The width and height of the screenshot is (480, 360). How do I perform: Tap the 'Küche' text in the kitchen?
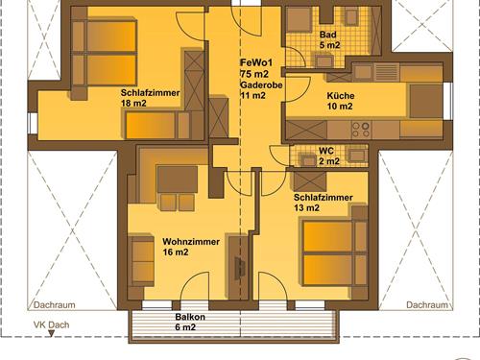[340, 96]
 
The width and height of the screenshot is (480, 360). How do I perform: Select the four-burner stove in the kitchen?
[361, 128]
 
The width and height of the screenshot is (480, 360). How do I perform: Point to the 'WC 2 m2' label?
[327, 156]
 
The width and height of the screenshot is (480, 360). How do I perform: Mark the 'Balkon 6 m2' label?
[189, 322]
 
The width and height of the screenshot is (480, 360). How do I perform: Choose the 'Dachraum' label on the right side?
[425, 304]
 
